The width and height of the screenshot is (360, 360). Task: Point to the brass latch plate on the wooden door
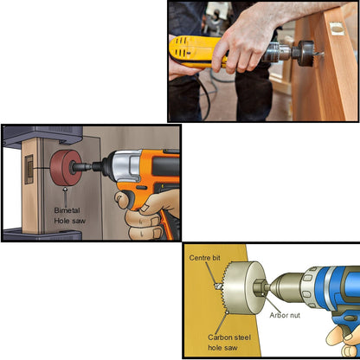(x=337, y=29)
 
